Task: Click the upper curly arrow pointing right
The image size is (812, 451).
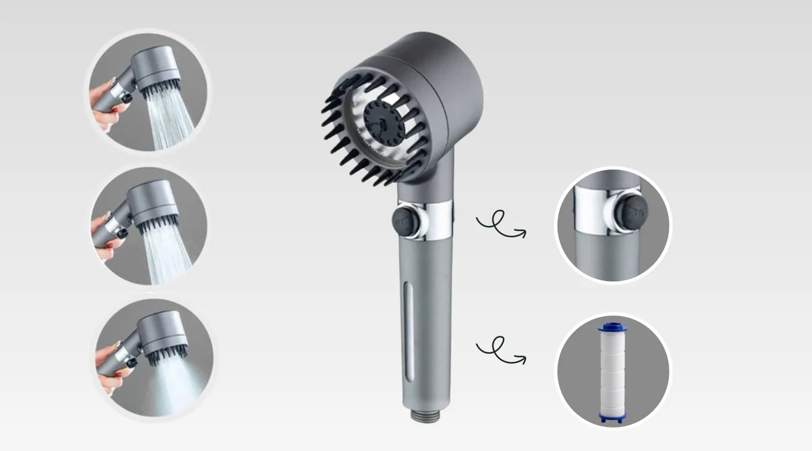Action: click(x=500, y=225)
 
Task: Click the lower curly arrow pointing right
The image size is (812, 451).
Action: click(x=500, y=350)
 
